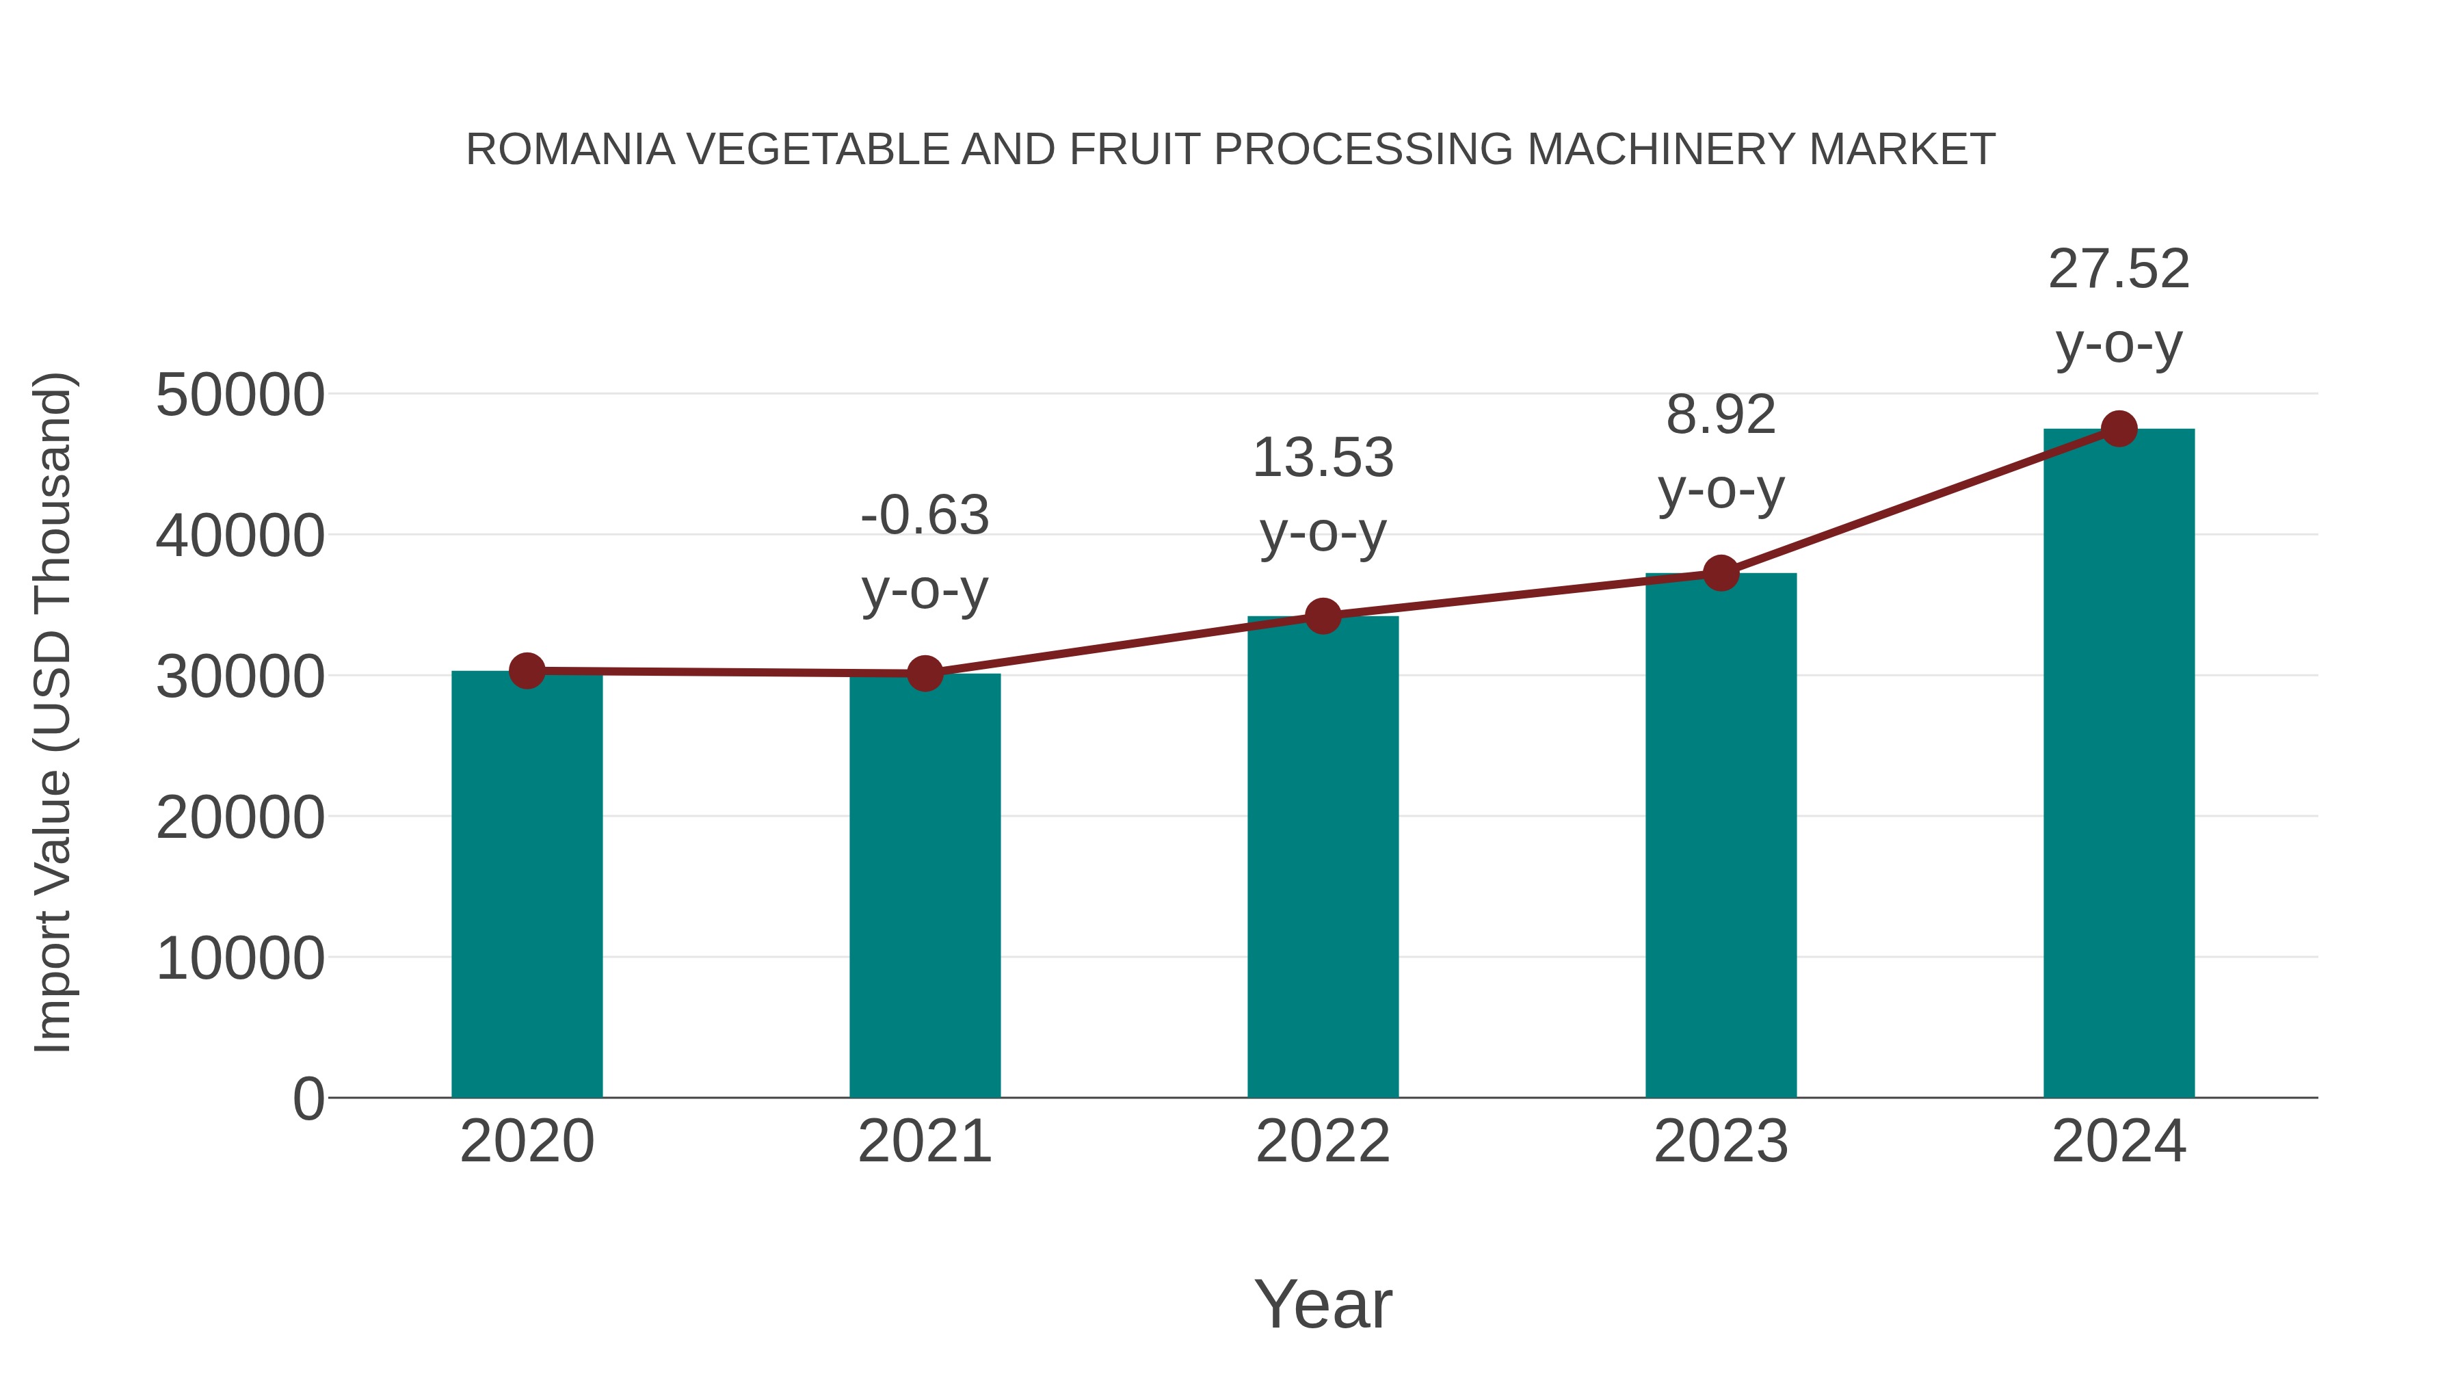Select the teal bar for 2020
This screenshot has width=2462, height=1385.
pos(527,884)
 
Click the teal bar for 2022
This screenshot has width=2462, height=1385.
pos(1323,858)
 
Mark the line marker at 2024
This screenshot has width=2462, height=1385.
pos(2119,429)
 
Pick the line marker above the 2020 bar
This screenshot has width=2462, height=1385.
pos(527,671)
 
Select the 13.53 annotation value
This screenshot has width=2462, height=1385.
pos(1323,458)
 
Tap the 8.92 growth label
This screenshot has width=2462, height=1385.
pos(1721,416)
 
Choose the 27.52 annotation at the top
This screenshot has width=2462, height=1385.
pos(2119,269)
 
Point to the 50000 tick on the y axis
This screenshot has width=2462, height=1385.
pos(240,395)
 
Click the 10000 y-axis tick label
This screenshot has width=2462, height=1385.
pos(240,959)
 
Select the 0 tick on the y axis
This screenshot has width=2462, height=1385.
pos(308,1099)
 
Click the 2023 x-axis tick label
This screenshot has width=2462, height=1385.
pos(1721,1142)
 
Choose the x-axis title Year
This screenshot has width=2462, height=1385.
pos(1323,1304)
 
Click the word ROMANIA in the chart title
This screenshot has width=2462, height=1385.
pos(570,150)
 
